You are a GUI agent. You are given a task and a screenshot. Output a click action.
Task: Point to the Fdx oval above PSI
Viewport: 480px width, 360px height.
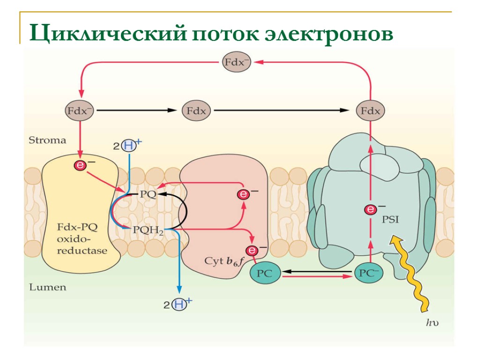tap(371, 111)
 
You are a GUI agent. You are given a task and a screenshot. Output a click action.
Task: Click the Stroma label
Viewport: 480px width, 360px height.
tap(47, 140)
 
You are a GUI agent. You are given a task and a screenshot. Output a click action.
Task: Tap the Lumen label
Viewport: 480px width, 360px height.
tap(47, 287)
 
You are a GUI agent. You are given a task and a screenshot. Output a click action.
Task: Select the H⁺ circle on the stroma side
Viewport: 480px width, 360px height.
tap(128, 146)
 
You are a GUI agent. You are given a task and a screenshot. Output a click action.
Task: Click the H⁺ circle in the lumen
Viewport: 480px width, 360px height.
tap(179, 305)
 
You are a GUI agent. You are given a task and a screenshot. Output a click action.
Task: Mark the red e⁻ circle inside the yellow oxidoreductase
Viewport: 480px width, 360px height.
tap(81, 165)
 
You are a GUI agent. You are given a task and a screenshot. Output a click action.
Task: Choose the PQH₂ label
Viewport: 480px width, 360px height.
tap(148, 230)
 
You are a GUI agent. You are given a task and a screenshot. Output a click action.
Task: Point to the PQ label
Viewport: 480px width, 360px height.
tap(148, 194)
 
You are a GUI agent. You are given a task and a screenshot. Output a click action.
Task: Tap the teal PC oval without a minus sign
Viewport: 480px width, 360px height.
tap(265, 274)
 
